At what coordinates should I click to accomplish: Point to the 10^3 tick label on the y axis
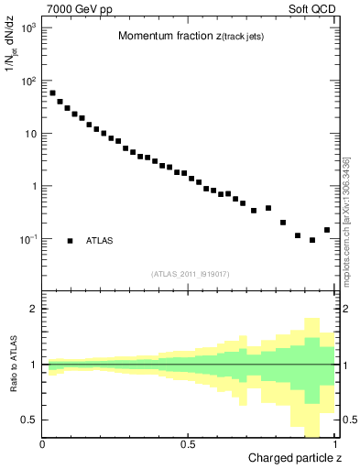(28, 28)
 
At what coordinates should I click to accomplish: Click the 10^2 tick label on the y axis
(28, 82)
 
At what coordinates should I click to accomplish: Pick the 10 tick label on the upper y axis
(31, 135)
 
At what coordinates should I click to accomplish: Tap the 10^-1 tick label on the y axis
(28, 240)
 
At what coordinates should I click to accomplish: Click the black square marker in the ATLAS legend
(71, 241)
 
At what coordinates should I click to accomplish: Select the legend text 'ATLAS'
(100, 241)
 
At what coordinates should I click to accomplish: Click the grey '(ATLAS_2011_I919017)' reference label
(189, 273)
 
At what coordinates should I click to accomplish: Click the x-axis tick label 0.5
(187, 445)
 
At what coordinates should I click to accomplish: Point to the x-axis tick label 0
(43, 445)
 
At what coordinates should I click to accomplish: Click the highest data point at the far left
(52, 93)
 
